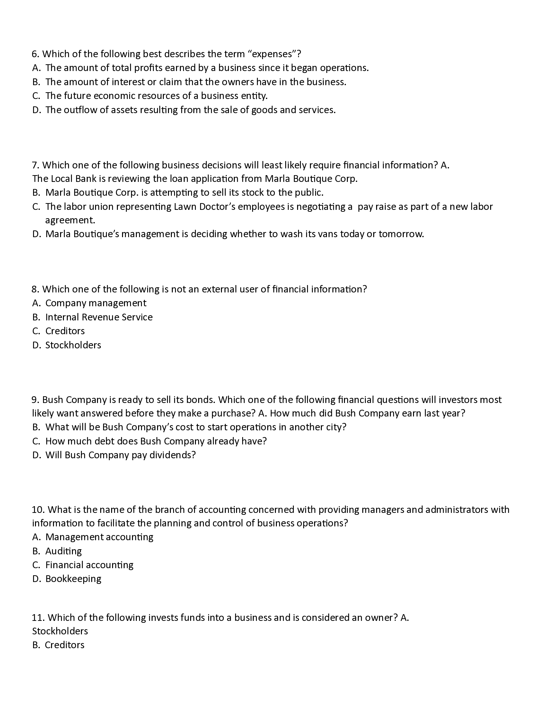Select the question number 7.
click(x=35, y=165)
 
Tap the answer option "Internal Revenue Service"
click(x=99, y=317)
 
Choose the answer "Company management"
click(x=96, y=303)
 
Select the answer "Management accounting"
click(x=99, y=537)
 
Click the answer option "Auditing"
click(x=63, y=551)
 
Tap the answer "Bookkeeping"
click(x=73, y=579)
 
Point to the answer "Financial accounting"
click(x=89, y=565)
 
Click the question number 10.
click(x=38, y=510)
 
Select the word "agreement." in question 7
click(x=70, y=220)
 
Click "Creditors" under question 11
click(x=64, y=645)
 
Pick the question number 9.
click(x=35, y=400)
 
